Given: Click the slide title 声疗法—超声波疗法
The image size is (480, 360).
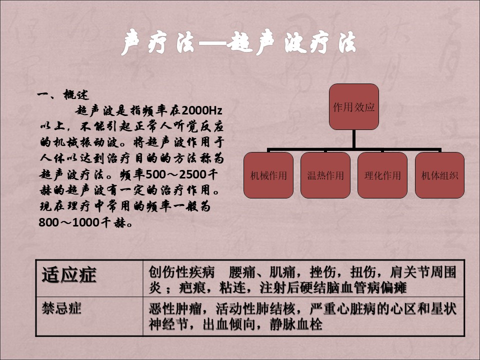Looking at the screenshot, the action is [238, 42].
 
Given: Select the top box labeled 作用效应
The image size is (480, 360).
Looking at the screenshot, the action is [354, 107].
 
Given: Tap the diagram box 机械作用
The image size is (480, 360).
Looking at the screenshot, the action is [268, 175].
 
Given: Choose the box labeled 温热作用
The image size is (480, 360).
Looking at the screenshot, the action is [325, 175].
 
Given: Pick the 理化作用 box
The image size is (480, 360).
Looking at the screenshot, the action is [382, 175].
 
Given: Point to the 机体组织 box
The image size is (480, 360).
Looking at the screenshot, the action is [439, 175].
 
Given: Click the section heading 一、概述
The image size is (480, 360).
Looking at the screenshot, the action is [63, 94].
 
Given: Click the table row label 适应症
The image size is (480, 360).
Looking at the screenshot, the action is [69, 274].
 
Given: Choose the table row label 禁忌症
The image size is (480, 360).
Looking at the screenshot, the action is [61, 308].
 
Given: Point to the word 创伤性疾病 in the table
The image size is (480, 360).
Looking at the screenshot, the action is [181, 272].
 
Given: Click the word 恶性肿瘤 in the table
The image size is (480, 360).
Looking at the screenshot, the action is [175, 308].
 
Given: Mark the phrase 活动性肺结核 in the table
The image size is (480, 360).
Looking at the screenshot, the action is [249, 308].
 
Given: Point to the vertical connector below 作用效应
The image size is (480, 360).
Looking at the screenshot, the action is [354, 139].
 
